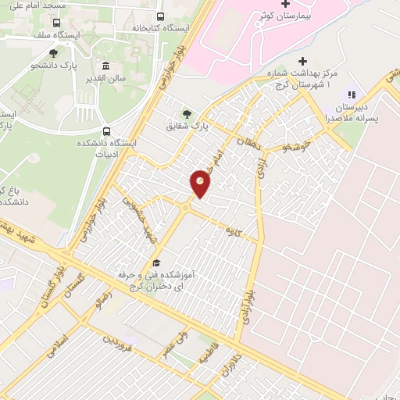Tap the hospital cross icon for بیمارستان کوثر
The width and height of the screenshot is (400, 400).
pos(284,5)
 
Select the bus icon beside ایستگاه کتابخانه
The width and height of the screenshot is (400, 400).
pos(161,16)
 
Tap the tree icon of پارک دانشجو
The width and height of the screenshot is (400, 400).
pos(53,53)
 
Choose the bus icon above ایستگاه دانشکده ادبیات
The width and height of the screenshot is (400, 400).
pos(105,131)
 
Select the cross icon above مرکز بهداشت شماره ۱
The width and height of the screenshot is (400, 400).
pos(302,62)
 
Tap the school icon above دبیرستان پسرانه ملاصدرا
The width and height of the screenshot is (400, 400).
pos(349,94)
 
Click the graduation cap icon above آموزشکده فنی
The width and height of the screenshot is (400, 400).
pos(155,262)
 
